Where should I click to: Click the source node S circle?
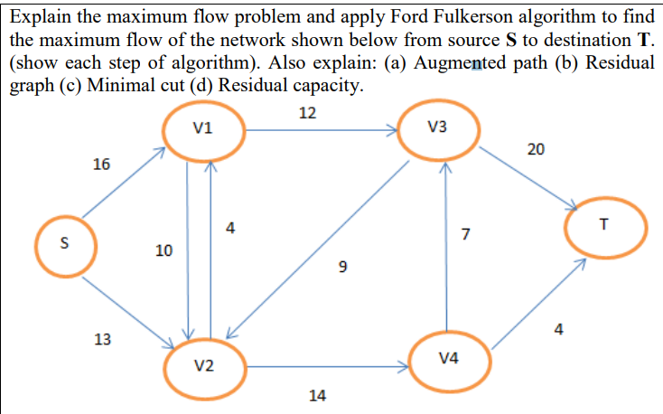pyautogui.click(x=62, y=243)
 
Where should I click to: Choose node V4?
pyautogui.click(x=448, y=358)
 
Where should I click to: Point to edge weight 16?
pyautogui.click(x=102, y=165)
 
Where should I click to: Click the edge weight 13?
pyautogui.click(x=103, y=339)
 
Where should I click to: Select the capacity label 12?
pyautogui.click(x=307, y=113)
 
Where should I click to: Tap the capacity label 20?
pyautogui.click(x=535, y=149)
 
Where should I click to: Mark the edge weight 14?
pyautogui.click(x=317, y=395)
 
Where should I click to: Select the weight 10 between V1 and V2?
pyautogui.click(x=163, y=249)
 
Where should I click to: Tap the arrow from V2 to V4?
pyautogui.click(x=325, y=367)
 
